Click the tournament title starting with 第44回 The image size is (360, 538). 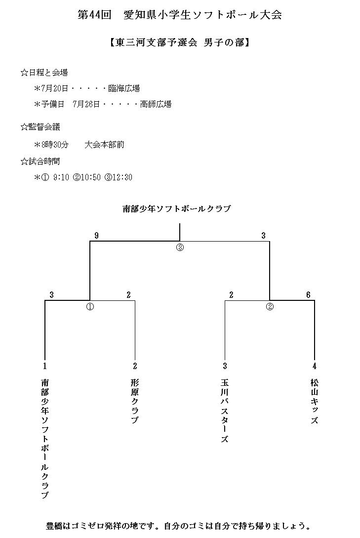tap(180, 15)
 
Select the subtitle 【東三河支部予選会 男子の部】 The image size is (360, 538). tap(180, 43)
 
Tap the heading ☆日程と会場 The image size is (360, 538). tap(44, 73)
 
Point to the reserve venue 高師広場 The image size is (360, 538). tap(156, 104)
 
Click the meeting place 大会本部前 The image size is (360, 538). tap(104, 145)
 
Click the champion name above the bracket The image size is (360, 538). tap(177, 209)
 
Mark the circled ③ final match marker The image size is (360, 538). tap(180, 248)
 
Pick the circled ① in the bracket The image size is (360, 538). tap(90, 306)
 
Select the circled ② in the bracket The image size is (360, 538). tap(270, 306)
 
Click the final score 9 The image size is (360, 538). tap(97, 236)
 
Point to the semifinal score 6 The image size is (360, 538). tap(308, 295)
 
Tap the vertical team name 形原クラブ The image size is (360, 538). tap(135, 401)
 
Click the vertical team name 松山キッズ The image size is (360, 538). tap(315, 401)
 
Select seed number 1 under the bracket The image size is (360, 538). tap(44, 366)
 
